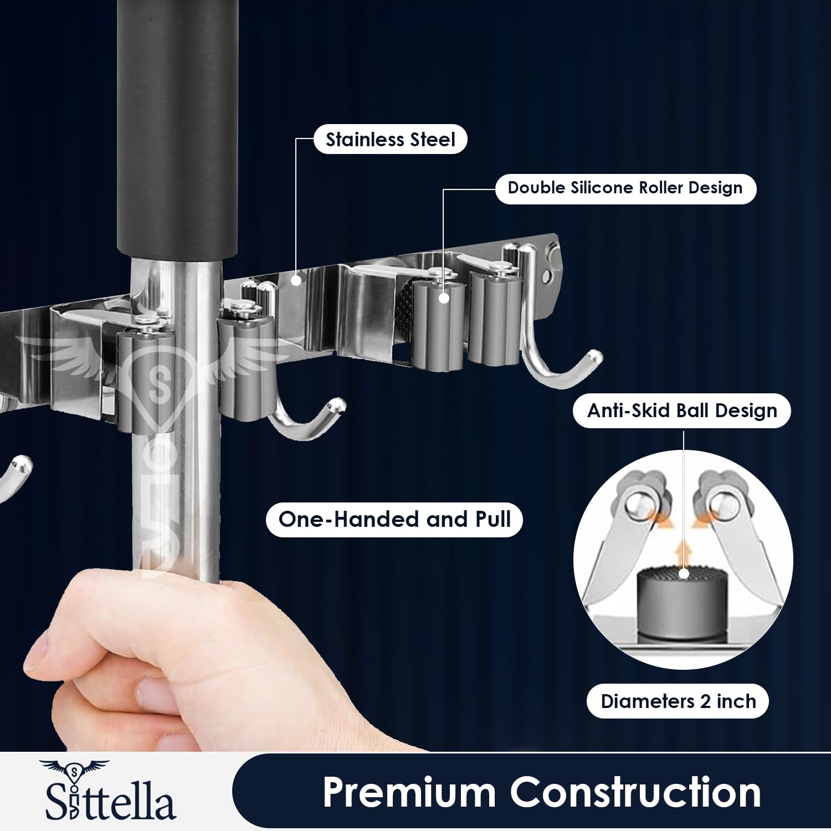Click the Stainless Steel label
[x=390, y=139]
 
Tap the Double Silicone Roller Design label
[x=625, y=188]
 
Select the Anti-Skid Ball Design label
[x=681, y=411]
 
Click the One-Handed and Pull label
[x=394, y=519]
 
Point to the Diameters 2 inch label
[x=678, y=701]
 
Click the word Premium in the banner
[x=409, y=792]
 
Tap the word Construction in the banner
[x=635, y=792]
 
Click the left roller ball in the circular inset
[x=640, y=504]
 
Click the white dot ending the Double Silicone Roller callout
[x=444, y=298]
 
